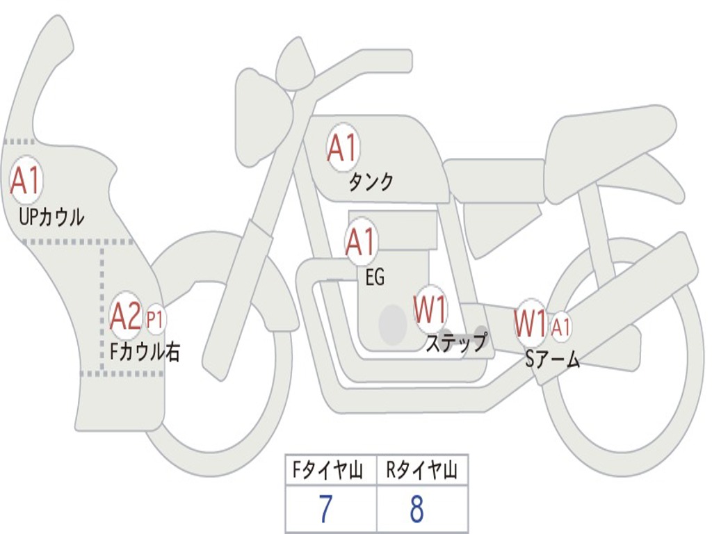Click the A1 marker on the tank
342,148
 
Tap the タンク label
371,182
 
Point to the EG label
375,277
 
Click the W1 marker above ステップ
430,310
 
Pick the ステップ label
456,343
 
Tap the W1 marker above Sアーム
530,323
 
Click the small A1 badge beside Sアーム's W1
561,325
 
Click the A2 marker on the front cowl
126,317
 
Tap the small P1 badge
155,320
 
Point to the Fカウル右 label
145,352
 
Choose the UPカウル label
51,217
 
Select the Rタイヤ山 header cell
422,471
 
